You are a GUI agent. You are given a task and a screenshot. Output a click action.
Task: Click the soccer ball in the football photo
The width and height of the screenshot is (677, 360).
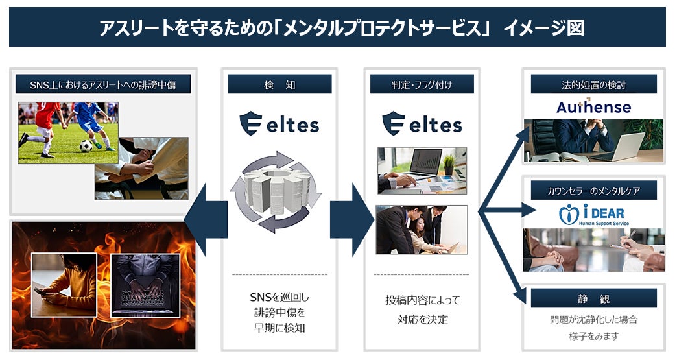(86, 146)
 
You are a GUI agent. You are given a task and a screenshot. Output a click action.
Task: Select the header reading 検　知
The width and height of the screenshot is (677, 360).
(279, 84)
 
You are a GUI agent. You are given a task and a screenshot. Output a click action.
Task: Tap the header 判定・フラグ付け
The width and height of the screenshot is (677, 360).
(422, 84)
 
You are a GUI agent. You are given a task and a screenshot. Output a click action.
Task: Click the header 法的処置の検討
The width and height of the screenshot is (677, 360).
(593, 84)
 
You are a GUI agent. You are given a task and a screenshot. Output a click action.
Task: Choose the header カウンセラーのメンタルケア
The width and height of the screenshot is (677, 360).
(593, 190)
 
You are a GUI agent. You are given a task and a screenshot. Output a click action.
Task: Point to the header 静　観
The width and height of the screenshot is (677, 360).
(593, 298)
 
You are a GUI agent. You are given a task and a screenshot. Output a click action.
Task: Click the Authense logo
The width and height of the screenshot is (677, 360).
(593, 107)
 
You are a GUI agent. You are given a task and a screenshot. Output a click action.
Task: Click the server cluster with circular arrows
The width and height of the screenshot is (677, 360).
(276, 191)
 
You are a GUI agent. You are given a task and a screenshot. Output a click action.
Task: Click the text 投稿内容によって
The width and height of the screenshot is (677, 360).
(422, 300)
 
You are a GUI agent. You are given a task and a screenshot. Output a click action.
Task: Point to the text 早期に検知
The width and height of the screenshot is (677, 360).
(279, 328)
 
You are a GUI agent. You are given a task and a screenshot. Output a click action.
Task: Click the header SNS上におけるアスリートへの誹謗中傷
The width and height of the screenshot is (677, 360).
(102, 84)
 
